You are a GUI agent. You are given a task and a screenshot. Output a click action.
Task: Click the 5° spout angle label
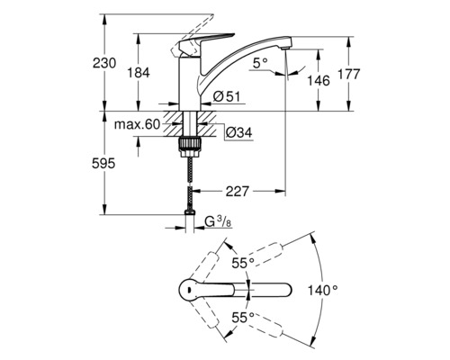(260, 64)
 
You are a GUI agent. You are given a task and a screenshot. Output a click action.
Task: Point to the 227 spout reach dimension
(238, 191)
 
